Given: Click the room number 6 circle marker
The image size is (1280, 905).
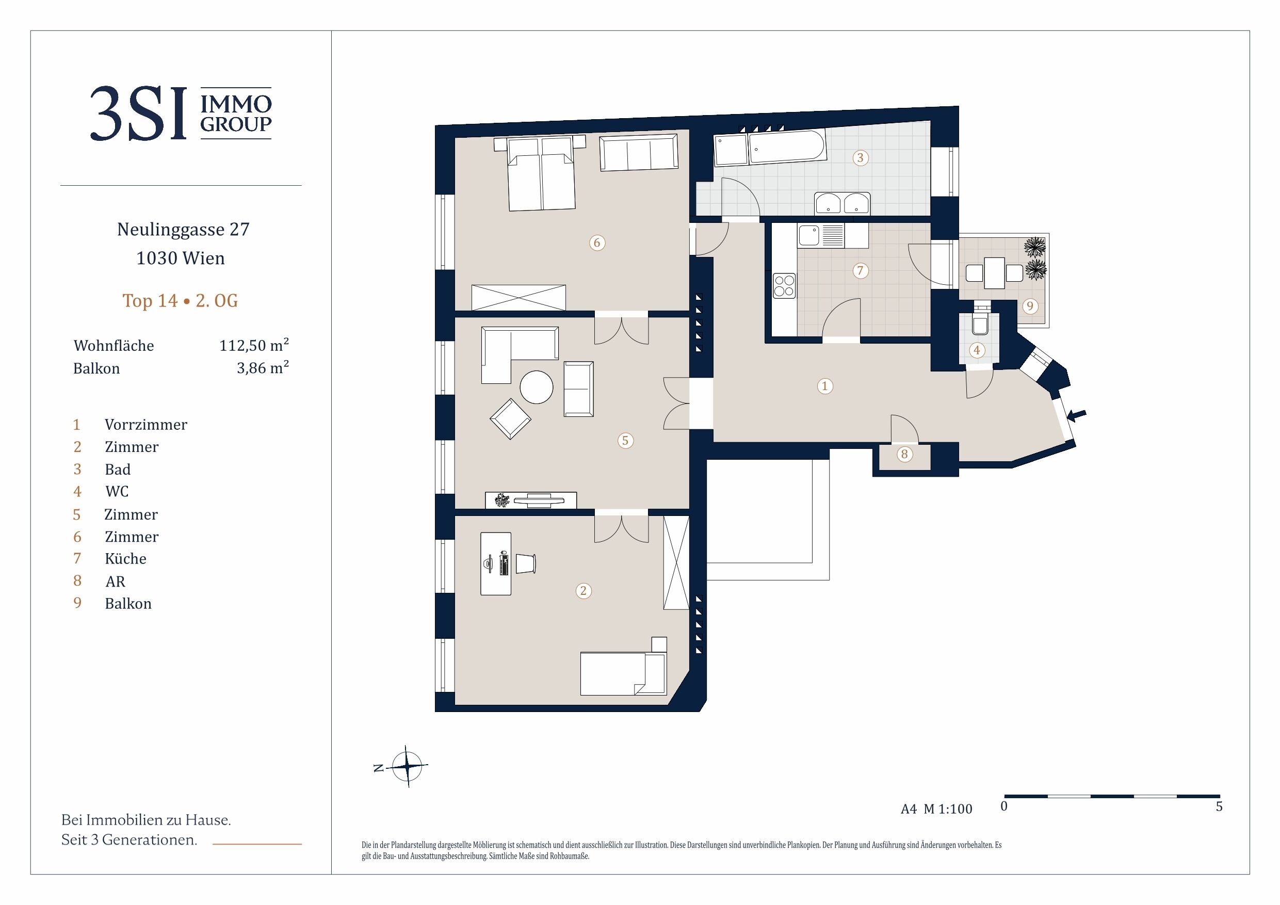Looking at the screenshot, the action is (x=597, y=243).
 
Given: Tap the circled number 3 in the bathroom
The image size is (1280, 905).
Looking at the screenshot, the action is (x=860, y=158).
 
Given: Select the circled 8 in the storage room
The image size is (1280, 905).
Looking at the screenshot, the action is (x=904, y=454).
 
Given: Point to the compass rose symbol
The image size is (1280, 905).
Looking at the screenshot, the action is (x=408, y=766).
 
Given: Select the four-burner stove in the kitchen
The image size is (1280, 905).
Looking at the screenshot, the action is (x=784, y=285).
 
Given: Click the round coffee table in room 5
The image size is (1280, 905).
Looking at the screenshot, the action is (x=537, y=387).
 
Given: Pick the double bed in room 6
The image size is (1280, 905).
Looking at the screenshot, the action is (x=541, y=173).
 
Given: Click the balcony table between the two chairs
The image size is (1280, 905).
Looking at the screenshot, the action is (x=994, y=272).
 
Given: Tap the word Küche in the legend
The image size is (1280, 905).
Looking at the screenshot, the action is (x=125, y=559).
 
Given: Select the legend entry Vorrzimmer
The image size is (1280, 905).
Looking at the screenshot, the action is (x=146, y=425).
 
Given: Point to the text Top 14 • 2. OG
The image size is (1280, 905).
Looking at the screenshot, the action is (x=180, y=301).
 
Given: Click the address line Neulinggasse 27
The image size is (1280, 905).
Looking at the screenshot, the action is (x=184, y=230).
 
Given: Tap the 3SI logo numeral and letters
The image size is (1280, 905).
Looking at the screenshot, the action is (x=138, y=113).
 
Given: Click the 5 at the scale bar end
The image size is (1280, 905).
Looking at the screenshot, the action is (x=1219, y=806).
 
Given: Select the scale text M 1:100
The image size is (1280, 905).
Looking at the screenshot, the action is (x=948, y=809).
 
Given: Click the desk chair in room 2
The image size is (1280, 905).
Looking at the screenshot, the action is (x=525, y=564).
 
